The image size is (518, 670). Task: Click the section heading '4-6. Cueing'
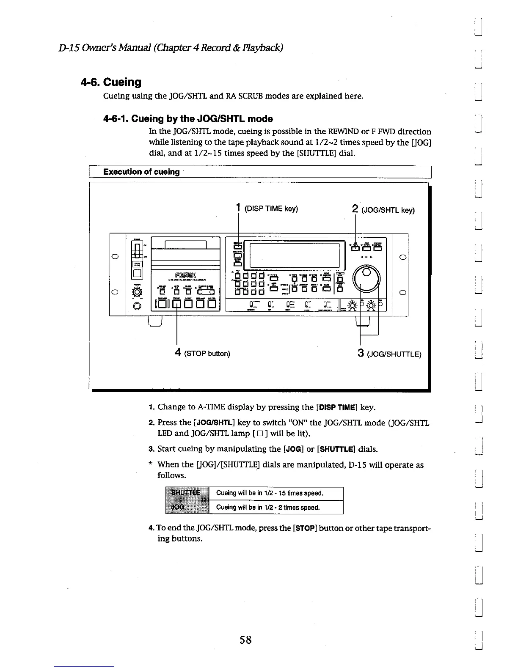coord(110,82)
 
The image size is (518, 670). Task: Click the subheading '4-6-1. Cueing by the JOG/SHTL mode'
coord(188,119)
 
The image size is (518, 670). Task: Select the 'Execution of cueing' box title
coord(141,172)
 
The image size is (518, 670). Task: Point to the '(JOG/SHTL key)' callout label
coord(388,209)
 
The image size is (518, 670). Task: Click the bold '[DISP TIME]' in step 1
coord(337,407)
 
